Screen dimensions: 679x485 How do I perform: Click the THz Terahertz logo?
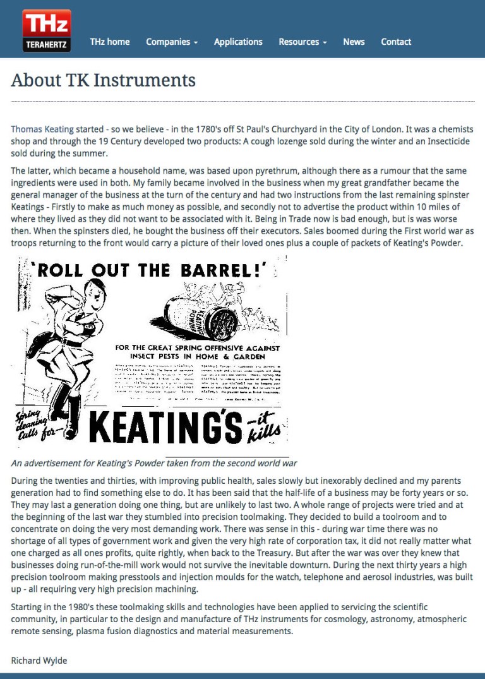click(47, 30)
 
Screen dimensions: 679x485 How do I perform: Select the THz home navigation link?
click(110, 42)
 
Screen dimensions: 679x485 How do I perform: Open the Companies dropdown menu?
click(172, 42)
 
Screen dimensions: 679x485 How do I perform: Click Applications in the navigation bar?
click(238, 42)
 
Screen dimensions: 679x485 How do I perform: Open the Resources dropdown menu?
click(302, 42)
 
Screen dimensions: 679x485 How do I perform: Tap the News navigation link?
click(354, 42)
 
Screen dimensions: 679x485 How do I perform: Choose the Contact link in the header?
click(396, 42)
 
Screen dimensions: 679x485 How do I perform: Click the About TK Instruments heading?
click(104, 80)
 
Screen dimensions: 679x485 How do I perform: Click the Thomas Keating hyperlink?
click(42, 129)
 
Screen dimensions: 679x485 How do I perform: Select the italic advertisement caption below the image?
click(154, 463)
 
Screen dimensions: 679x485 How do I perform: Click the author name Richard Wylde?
click(39, 661)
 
